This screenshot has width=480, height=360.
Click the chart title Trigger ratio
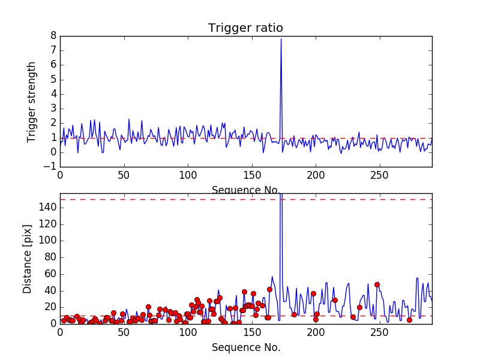click(x=245, y=28)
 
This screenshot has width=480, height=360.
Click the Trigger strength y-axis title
click(x=32, y=101)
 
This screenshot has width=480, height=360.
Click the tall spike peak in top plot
click(x=281, y=39)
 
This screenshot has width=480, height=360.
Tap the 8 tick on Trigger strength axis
click(x=53, y=36)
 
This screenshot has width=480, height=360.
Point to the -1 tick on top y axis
click(x=50, y=167)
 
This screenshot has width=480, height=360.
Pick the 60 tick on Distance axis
click(x=50, y=274)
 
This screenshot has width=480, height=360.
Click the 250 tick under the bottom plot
click(x=380, y=332)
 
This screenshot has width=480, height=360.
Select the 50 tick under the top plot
click(x=124, y=176)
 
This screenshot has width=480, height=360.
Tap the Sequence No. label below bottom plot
click(x=246, y=347)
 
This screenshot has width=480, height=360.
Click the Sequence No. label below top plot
click(x=246, y=190)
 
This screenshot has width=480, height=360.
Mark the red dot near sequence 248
click(x=377, y=284)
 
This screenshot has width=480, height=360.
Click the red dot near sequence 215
click(x=335, y=300)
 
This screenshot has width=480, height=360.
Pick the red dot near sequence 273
click(x=409, y=320)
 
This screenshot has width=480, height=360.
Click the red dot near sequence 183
click(x=294, y=314)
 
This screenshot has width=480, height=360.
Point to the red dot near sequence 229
click(x=353, y=317)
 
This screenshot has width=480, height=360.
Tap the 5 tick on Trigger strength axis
click(x=53, y=79)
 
